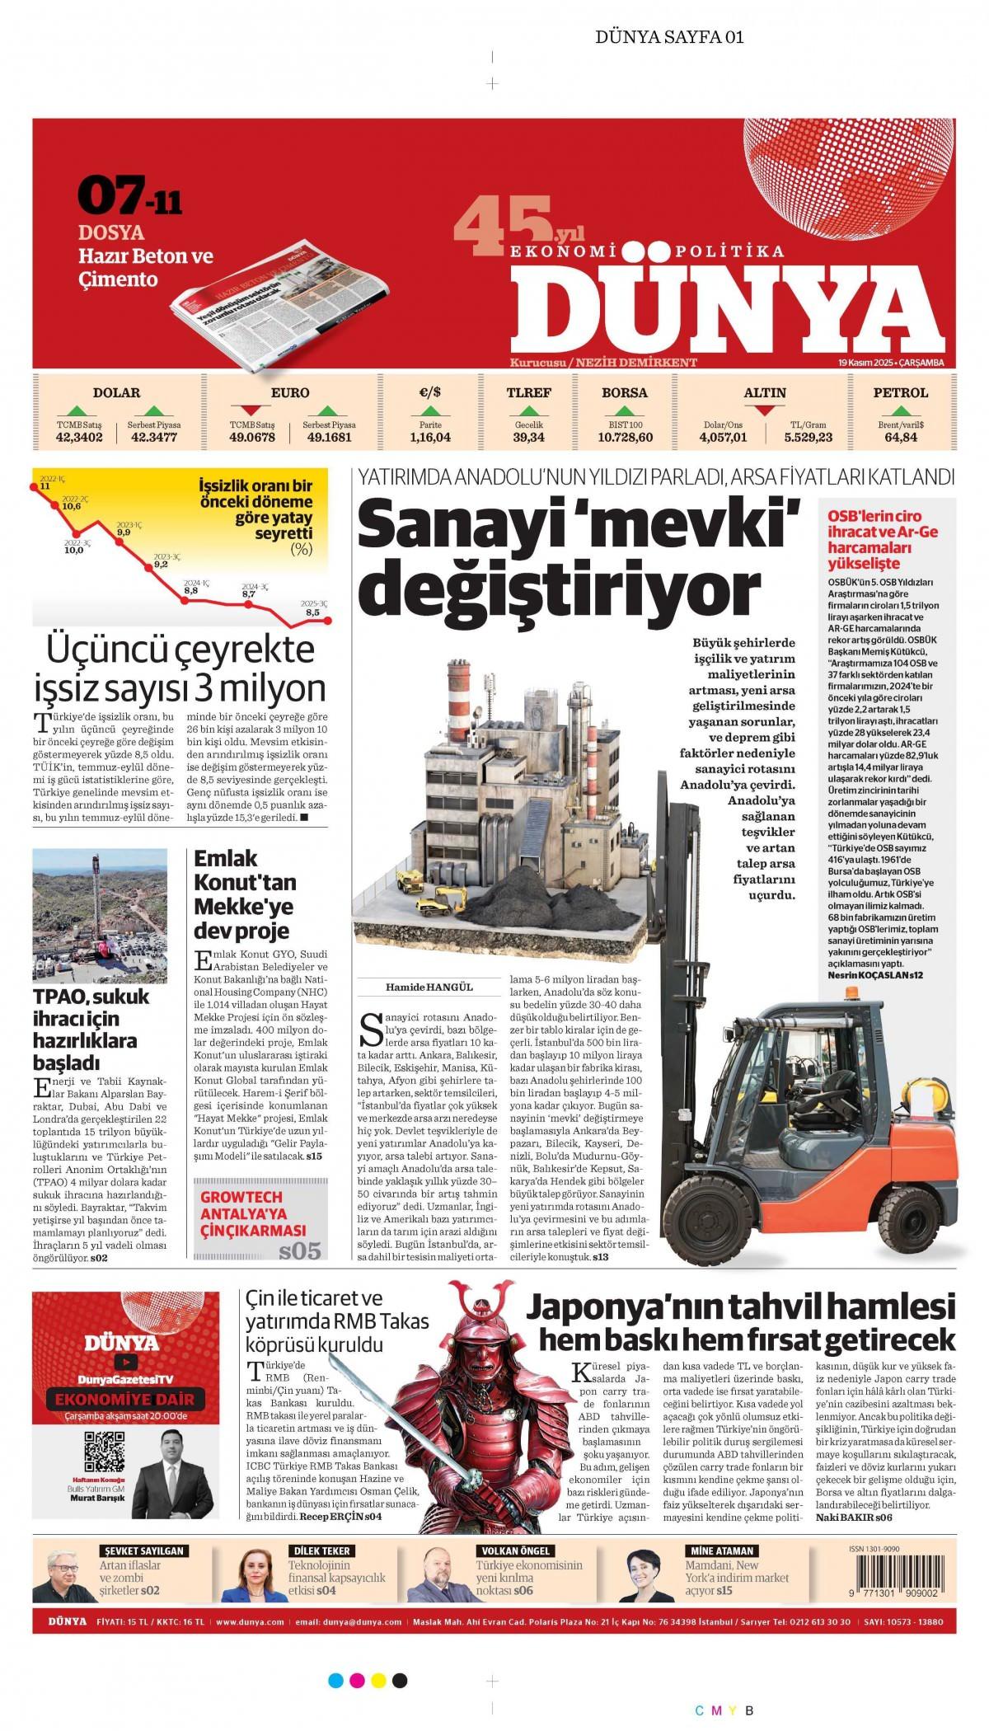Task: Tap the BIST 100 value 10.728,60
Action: pos(624,438)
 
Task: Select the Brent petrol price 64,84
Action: pos(901,438)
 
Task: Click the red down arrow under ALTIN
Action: pos(764,410)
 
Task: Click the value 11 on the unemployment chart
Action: pos(45,486)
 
